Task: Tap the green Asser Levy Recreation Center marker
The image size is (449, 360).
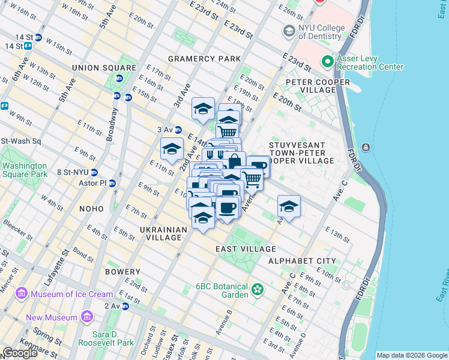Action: click(328, 62)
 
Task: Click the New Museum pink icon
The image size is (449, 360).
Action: click(88, 316)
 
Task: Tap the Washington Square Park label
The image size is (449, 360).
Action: click(25, 170)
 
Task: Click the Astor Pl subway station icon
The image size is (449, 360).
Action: click(112, 183)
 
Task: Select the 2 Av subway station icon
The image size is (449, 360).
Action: click(125, 306)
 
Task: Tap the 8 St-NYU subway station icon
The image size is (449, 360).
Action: click(94, 172)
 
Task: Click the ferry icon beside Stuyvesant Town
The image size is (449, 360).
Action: click(366, 148)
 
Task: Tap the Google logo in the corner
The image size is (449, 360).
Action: click(20, 353)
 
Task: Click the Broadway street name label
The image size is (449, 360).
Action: click(113, 124)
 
